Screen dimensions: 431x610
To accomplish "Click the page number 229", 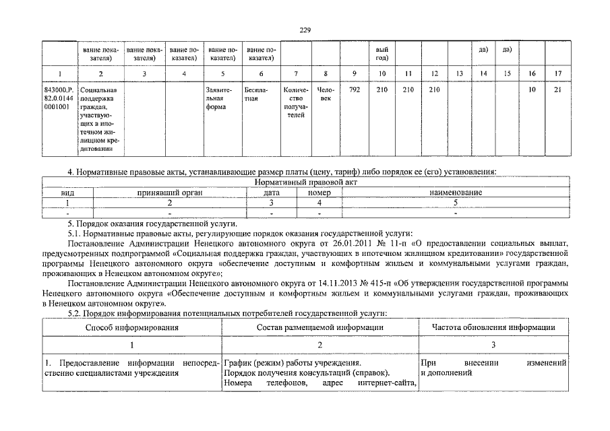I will (x=305, y=30).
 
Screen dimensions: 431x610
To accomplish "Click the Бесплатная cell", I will (x=256, y=94).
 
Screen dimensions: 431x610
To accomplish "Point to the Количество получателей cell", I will (x=296, y=102).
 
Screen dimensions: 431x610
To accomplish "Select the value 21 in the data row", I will (x=557, y=90).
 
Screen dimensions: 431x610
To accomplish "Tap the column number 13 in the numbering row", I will (x=459, y=73).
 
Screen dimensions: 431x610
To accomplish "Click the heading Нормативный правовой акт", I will (x=305, y=183).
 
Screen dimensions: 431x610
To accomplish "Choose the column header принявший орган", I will (x=170, y=193).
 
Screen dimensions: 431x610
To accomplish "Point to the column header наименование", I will (x=456, y=193).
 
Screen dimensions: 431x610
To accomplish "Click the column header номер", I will (x=319, y=193).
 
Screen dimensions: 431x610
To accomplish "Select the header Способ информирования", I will (x=131, y=327).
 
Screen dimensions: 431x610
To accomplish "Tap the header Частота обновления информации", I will (x=493, y=327).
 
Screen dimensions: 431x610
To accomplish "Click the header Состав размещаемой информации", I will (x=320, y=327).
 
